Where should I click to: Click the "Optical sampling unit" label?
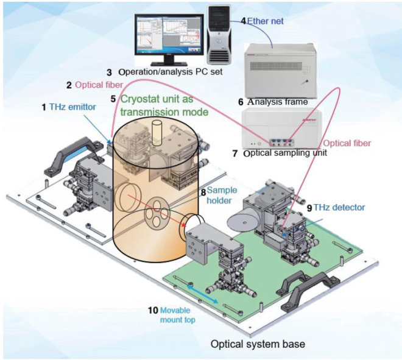(284, 153)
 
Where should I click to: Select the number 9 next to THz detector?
(309, 208)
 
